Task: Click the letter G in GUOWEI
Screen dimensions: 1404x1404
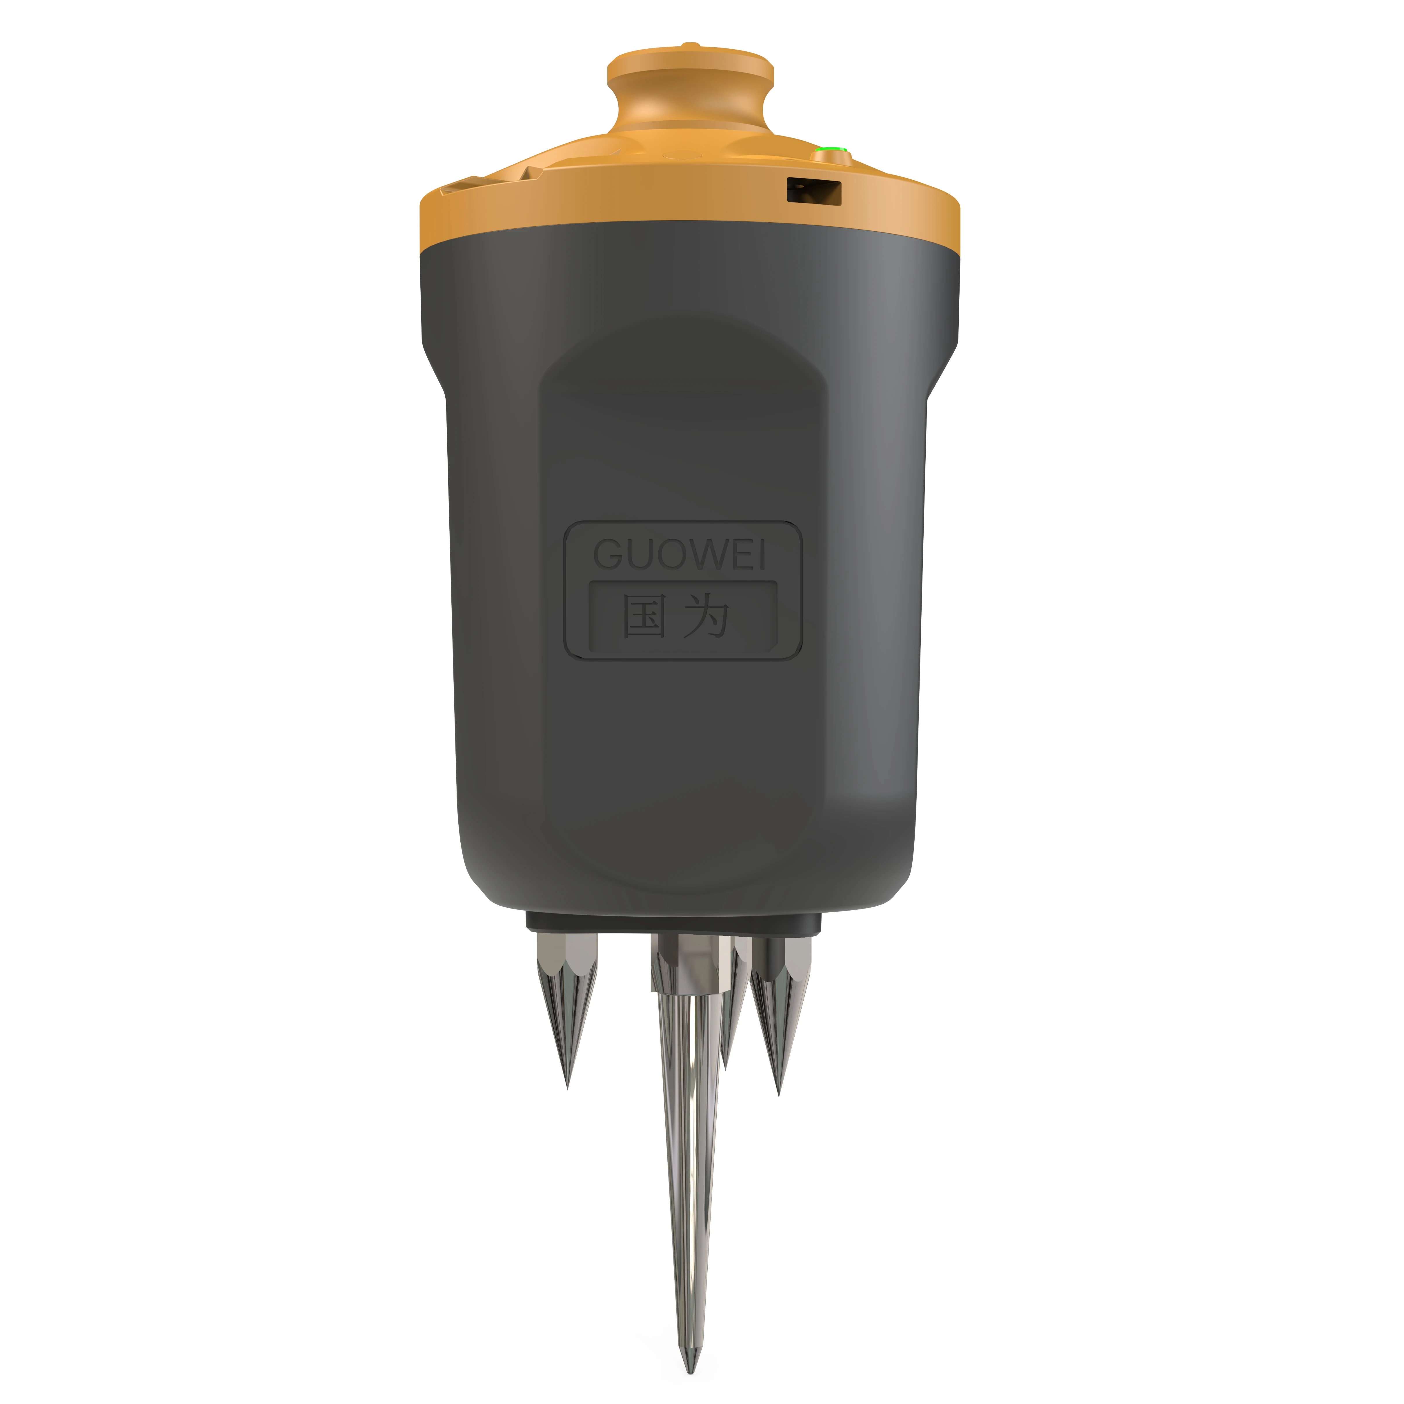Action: point(609,555)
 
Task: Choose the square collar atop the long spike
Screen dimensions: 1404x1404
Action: point(690,956)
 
